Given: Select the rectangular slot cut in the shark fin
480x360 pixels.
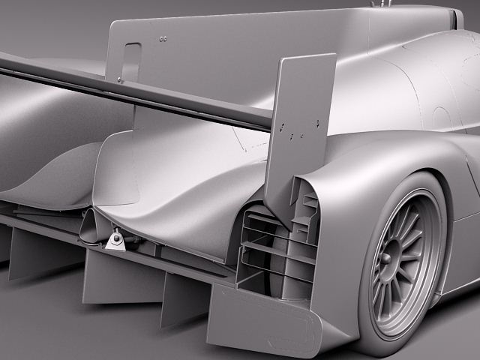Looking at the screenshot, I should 131,61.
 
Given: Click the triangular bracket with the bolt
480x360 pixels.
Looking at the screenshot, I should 115,241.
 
